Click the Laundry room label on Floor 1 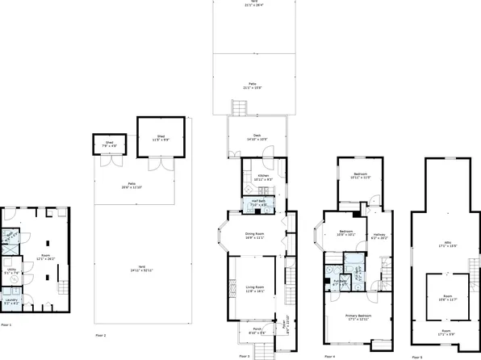click(x=10, y=300)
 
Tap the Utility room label click(x=10, y=271)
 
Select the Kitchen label click(x=263, y=177)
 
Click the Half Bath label click(x=258, y=203)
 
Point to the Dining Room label click(x=255, y=236)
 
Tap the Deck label click(x=257, y=136)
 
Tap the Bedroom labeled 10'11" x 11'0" click(x=360, y=176)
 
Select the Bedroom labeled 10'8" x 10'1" click(x=346, y=232)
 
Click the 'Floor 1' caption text click(x=6, y=324)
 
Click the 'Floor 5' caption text click(x=416, y=355)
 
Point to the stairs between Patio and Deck click(x=236, y=107)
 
